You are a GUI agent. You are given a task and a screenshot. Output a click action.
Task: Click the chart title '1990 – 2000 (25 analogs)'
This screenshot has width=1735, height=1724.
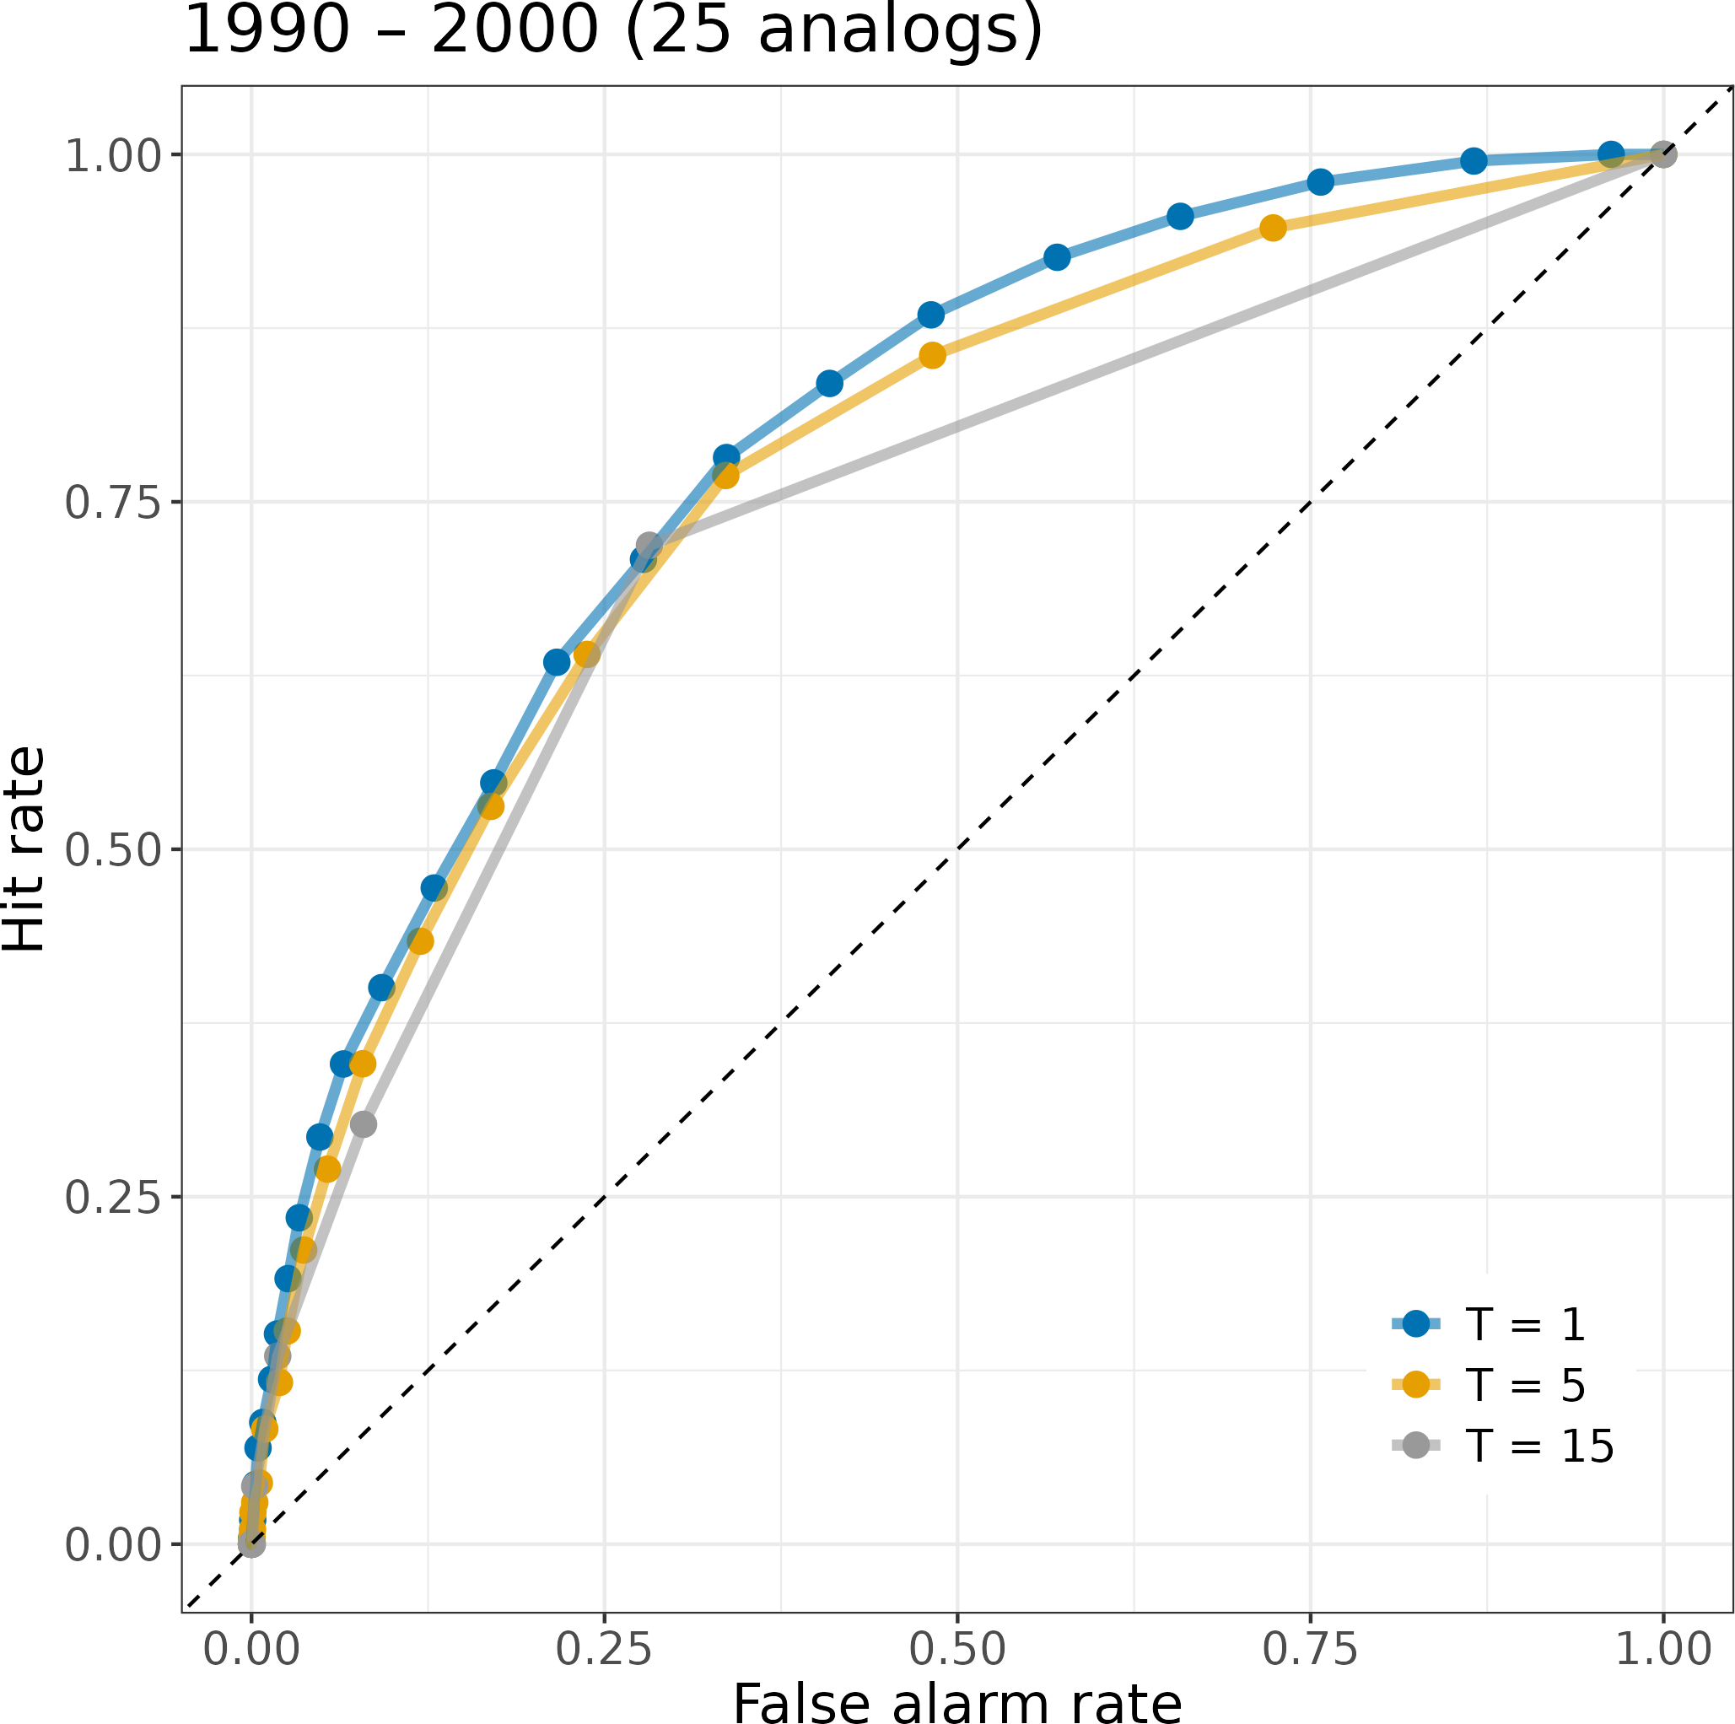click(612, 30)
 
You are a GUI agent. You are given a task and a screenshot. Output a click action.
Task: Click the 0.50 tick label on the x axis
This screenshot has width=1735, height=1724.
click(957, 1650)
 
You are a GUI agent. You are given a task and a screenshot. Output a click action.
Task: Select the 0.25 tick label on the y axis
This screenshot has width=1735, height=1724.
click(111, 1197)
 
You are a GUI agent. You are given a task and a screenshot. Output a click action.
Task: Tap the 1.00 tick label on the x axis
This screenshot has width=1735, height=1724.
click(1663, 1650)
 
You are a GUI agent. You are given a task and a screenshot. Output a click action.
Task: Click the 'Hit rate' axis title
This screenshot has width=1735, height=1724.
click(24, 849)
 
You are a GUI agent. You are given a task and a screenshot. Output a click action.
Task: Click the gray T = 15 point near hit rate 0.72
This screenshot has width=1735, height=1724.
click(649, 546)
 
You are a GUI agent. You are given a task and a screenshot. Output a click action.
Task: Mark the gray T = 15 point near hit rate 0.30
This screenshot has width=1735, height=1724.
click(363, 1124)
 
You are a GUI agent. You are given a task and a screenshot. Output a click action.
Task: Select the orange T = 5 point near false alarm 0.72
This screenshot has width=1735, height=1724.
click(1273, 228)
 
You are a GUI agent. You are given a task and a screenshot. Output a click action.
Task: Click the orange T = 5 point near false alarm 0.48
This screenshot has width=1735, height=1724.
click(933, 356)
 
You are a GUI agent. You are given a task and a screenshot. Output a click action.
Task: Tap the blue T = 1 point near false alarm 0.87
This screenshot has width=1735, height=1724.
click(1474, 162)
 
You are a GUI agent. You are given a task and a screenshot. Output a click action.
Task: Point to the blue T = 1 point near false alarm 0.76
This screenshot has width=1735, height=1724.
click(1320, 182)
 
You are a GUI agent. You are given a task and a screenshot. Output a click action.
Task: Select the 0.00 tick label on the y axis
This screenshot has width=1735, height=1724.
click(111, 1544)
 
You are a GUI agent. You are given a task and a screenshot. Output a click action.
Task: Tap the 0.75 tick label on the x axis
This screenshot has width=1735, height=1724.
click(1310, 1650)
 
